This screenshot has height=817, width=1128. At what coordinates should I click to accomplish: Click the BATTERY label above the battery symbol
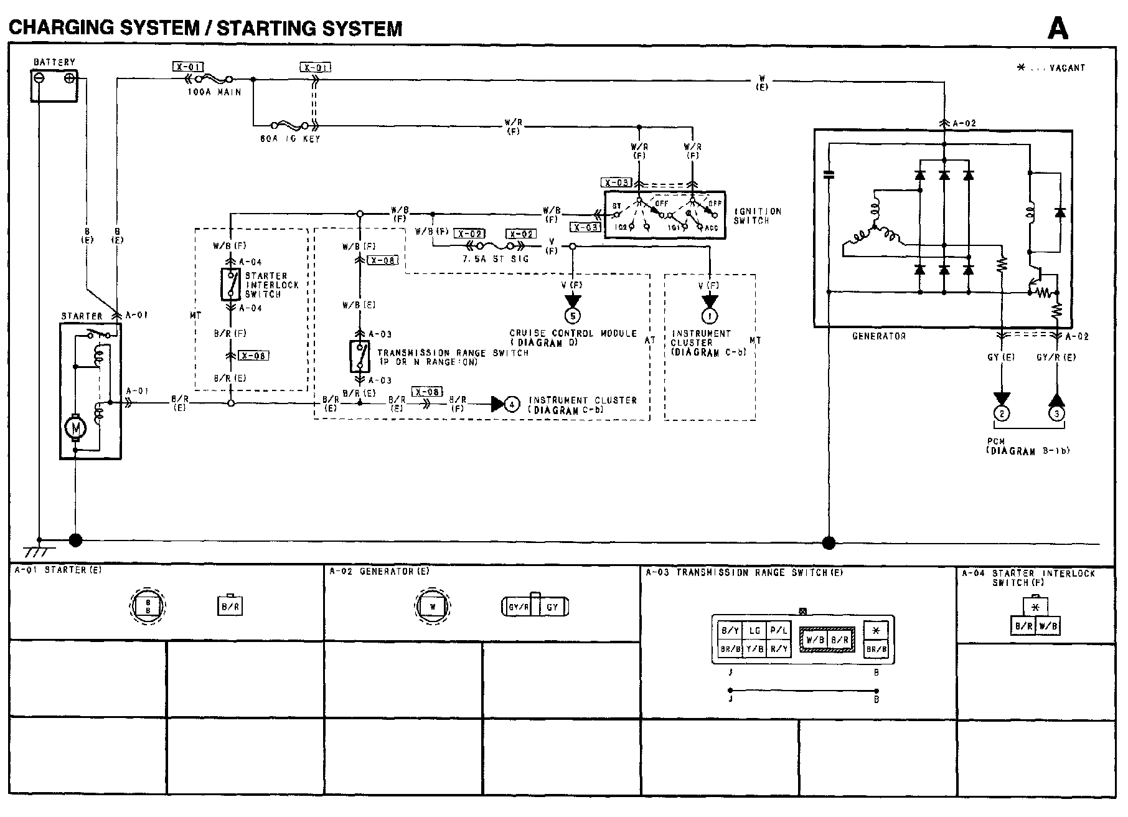[x=54, y=62]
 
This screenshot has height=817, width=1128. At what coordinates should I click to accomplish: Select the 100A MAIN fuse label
[x=214, y=92]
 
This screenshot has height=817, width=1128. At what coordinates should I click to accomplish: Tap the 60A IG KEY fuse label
[x=289, y=139]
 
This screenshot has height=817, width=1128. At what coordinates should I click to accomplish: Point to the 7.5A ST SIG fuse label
[x=495, y=258]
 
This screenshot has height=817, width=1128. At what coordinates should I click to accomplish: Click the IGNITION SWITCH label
[x=757, y=215]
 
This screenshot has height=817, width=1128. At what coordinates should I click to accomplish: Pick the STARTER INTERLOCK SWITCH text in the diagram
[x=271, y=285]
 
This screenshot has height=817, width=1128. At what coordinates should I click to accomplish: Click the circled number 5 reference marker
[x=573, y=316]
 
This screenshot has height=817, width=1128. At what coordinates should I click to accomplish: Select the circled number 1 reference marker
[x=710, y=316]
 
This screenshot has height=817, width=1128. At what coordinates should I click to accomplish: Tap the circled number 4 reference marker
[x=511, y=404]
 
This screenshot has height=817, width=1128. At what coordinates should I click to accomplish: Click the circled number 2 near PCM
[x=1002, y=413]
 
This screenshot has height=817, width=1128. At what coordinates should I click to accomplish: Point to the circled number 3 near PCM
[x=1056, y=413]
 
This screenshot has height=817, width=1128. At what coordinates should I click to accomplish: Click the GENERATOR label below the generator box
[x=878, y=336]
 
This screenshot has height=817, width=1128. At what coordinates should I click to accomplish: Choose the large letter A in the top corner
[x=1058, y=28]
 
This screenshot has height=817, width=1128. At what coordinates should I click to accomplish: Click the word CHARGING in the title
[x=56, y=28]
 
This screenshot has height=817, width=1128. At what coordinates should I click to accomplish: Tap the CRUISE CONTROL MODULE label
[x=573, y=334]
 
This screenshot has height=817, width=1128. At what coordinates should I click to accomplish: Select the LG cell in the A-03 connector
[x=754, y=631]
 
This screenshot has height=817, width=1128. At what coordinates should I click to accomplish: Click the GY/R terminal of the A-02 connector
[x=519, y=607]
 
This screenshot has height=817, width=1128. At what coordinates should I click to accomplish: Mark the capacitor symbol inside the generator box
[x=828, y=175]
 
